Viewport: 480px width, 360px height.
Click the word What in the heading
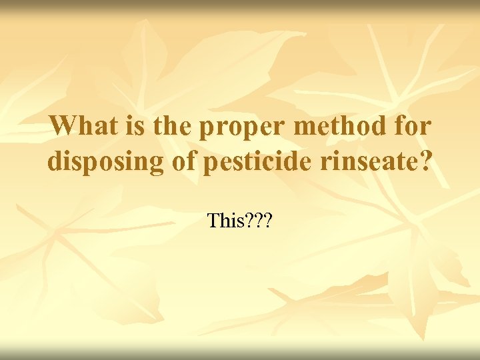(81, 125)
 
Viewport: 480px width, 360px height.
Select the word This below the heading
(223, 219)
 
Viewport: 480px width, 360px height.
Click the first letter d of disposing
(55, 161)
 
